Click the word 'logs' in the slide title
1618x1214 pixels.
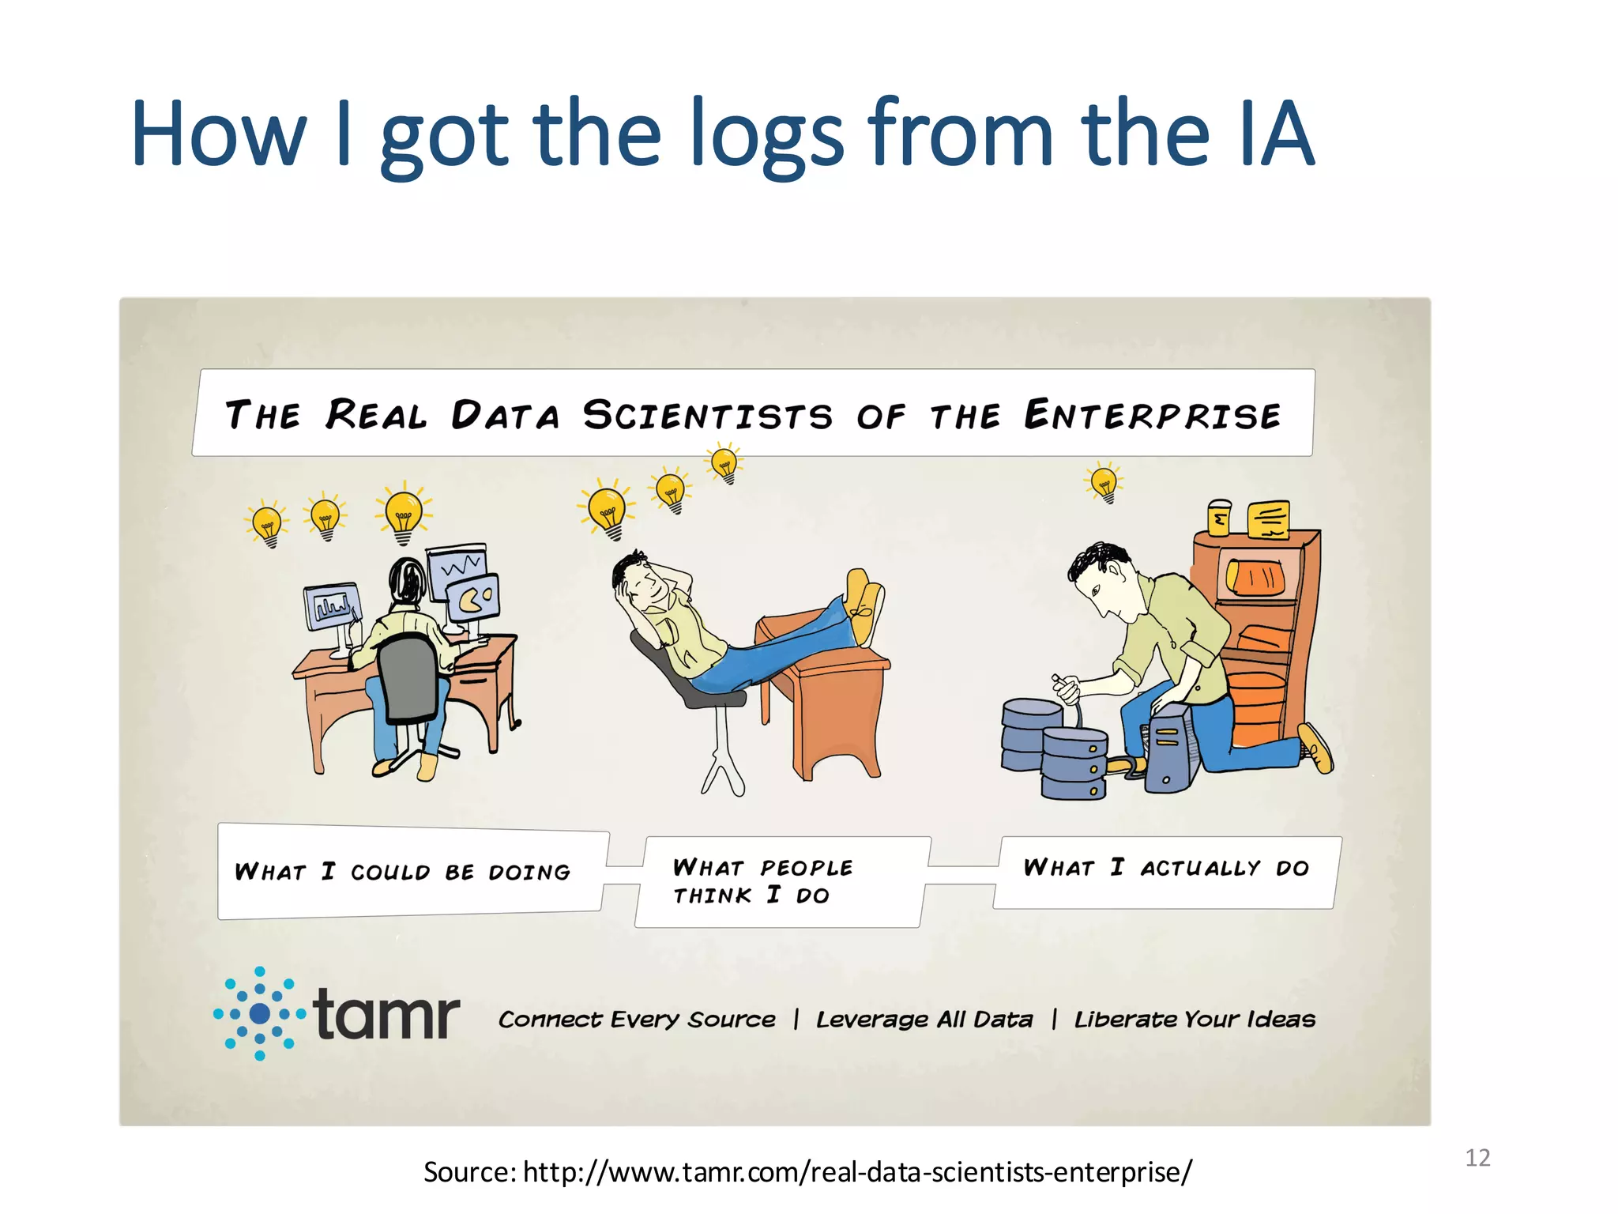[766, 134]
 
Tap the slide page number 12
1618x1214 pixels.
[1477, 1158]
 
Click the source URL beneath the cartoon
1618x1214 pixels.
[807, 1172]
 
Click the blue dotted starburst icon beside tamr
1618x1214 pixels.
[259, 1013]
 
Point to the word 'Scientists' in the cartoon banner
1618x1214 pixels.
[708, 416]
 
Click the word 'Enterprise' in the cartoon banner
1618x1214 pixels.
[1152, 416]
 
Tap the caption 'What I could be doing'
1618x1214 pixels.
[403, 872]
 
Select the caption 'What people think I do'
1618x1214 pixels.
[762, 881]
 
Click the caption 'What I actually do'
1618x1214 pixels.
[1166, 868]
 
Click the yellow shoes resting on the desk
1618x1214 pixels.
[865, 605]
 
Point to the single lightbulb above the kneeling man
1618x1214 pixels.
[1104, 482]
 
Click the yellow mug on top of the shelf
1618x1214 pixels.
[1219, 518]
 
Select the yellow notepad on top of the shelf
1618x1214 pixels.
[1268, 520]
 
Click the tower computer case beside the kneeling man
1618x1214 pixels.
[1169, 748]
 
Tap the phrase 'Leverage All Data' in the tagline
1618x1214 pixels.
[924, 1020]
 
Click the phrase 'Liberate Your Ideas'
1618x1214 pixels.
[1195, 1020]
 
